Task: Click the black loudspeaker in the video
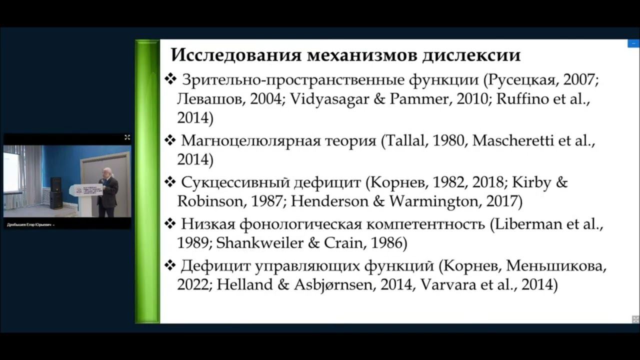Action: point(56,192)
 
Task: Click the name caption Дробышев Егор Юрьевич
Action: point(29,225)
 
